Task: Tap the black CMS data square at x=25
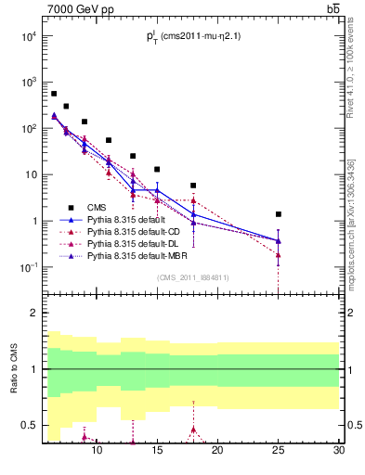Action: pos(279,214)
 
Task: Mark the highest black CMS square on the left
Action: pos(54,94)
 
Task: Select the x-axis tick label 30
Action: pos(339,451)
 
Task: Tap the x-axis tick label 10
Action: pos(97,451)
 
